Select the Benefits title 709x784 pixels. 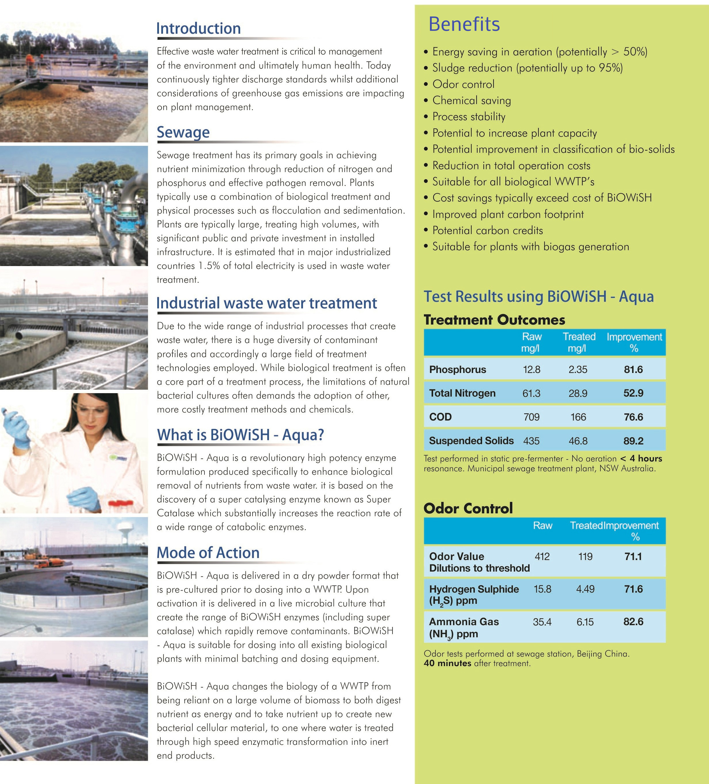(464, 24)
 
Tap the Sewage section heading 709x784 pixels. (183, 132)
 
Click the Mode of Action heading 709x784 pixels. (208, 553)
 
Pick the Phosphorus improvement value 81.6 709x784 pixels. (633, 370)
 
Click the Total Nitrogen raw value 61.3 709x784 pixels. (531, 393)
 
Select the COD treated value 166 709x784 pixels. (578, 417)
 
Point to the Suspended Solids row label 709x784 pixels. (471, 441)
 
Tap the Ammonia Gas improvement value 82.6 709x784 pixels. (633, 621)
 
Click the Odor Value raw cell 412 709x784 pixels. (542, 557)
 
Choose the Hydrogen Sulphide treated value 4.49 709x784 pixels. (585, 589)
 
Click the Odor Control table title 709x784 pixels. (468, 508)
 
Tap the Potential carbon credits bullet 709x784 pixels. (488, 230)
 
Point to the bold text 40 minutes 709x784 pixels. (448, 663)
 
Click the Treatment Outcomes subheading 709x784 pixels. (494, 320)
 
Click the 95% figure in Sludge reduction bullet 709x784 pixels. (610, 68)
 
